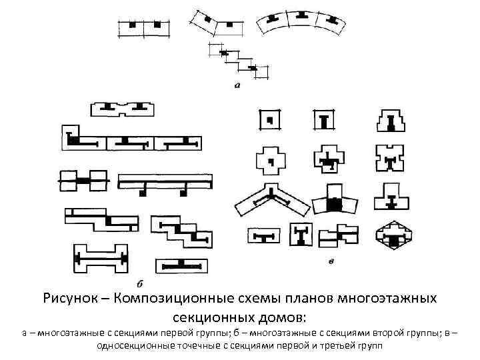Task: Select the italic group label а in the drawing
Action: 237,85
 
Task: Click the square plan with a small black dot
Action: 269,121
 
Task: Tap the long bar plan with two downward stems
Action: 165,182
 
